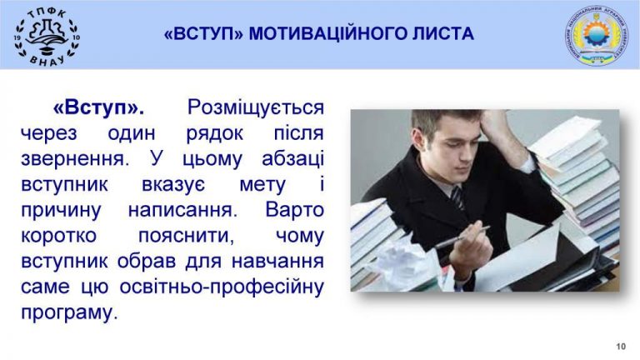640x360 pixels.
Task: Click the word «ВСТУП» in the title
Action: click(x=203, y=33)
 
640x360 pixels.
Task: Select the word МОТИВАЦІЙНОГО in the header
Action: click(x=327, y=33)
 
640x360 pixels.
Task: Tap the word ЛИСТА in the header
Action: click(x=442, y=33)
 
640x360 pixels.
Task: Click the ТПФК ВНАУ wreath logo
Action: click(x=47, y=36)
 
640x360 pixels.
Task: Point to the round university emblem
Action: click(x=597, y=36)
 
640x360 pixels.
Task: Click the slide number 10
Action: click(x=620, y=347)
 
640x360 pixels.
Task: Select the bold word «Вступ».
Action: click(x=98, y=107)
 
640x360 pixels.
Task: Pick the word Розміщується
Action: click(x=256, y=108)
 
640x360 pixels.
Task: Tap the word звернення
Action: click(x=75, y=159)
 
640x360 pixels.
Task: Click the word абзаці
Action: click(x=292, y=159)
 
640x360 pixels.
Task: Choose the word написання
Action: click(x=182, y=210)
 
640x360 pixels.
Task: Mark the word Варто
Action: click(x=294, y=210)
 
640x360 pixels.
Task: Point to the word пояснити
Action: click(x=186, y=236)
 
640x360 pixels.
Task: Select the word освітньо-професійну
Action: click(x=222, y=287)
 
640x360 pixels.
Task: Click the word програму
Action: click(x=69, y=313)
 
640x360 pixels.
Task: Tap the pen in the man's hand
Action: click(x=462, y=237)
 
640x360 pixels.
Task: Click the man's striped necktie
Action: click(x=458, y=199)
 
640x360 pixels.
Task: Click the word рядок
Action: click(x=215, y=134)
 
